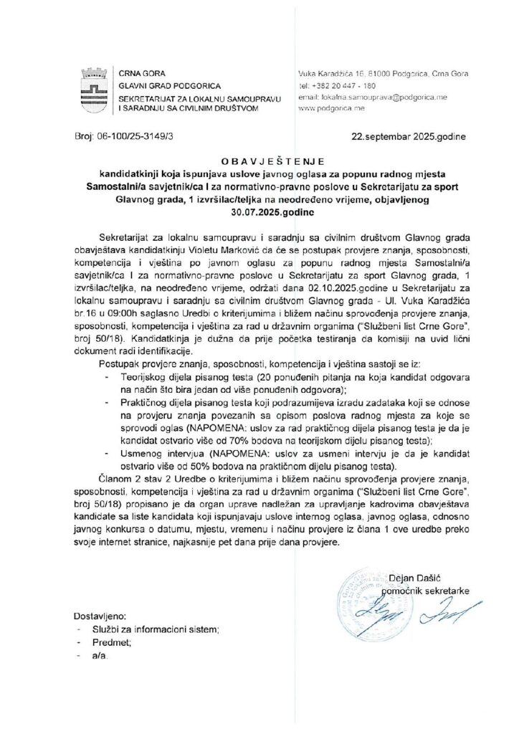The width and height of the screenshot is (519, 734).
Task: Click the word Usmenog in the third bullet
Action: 143,453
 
